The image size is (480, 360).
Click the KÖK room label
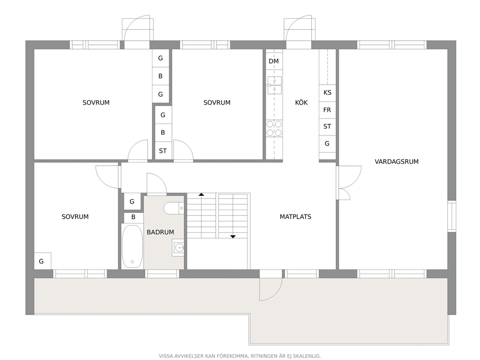point(301,103)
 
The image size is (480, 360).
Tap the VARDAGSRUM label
point(396,162)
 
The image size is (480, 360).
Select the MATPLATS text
point(296,217)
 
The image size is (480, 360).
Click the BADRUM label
point(161,232)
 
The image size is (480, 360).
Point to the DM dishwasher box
point(274,61)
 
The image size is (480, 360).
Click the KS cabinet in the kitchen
point(327,93)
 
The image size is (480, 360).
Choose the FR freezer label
point(327,110)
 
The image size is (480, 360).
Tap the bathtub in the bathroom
point(132,246)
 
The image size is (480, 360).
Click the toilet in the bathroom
point(174,209)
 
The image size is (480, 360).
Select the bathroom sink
point(178,247)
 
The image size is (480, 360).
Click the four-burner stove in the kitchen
point(274,128)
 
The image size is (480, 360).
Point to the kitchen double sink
point(274,85)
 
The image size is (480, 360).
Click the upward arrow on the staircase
point(201,195)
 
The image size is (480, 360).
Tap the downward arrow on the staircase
point(233,237)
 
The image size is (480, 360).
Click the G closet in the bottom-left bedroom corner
point(43,261)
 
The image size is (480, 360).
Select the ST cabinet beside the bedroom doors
point(163,150)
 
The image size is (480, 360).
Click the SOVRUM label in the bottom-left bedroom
point(75,217)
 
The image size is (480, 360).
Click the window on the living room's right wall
point(452,216)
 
